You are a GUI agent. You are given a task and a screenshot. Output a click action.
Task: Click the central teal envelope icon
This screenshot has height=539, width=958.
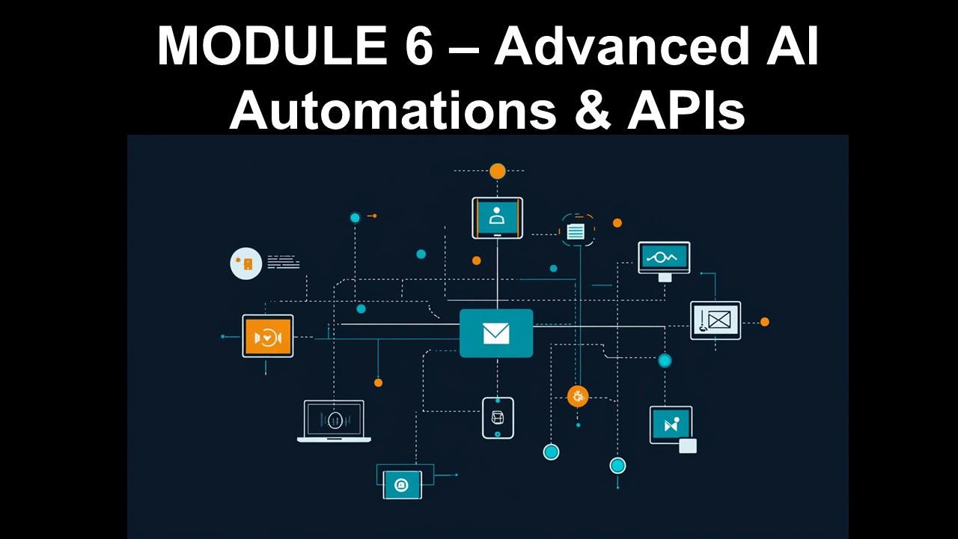coord(496,333)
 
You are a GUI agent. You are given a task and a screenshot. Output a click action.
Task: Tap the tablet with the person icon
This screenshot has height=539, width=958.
coord(497,218)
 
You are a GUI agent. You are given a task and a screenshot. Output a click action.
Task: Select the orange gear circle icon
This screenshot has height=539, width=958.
coord(577,396)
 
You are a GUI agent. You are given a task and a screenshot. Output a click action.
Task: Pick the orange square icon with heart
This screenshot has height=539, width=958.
coord(267,336)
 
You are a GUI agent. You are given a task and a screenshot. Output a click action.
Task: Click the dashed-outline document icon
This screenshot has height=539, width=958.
coord(577,231)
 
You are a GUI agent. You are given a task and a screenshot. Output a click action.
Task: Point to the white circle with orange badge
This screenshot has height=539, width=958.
coord(246,264)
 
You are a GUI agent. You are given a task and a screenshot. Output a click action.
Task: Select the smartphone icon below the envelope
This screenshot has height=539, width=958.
coord(498,418)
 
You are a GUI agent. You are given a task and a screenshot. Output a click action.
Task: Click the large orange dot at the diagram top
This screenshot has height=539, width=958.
coord(498,171)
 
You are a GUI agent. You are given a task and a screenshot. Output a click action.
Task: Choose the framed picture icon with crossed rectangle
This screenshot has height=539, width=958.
coord(716,320)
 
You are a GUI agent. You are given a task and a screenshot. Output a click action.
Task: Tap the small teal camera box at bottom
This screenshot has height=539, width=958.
coord(402,484)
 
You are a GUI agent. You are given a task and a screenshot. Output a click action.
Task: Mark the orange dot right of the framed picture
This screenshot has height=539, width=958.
coord(765,322)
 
